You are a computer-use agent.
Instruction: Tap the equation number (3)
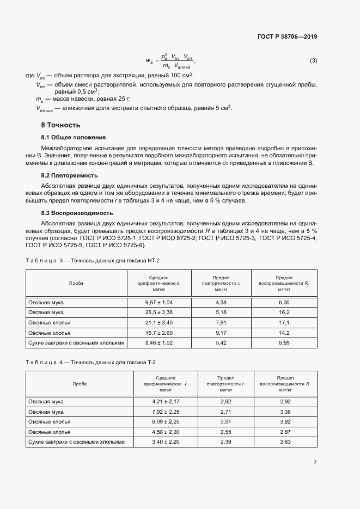pos(313,60)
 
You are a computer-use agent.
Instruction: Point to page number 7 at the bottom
pos(315,462)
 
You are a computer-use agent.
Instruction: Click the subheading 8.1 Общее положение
pos(74,137)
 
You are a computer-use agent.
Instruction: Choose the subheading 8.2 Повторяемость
pos(70,176)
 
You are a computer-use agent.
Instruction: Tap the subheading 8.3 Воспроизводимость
pos(77,213)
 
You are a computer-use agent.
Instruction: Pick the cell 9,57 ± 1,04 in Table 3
pos(158,302)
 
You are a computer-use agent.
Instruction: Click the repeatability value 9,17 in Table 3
pos(221,333)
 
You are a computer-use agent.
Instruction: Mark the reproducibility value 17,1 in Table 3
pos(284,322)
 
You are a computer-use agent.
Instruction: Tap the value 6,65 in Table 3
pos(284,343)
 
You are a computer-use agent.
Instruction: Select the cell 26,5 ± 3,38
pos(158,312)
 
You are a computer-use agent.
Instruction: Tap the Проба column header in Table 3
pos(76,284)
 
